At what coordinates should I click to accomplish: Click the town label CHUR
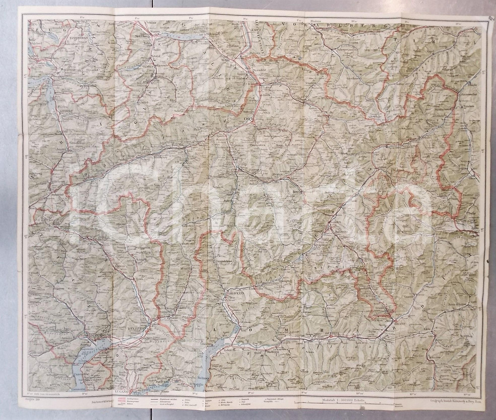coord(242,119)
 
